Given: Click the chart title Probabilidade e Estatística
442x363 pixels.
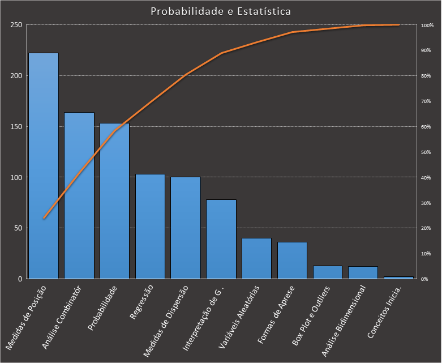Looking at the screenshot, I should tap(221, 11).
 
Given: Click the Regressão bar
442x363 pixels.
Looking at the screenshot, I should tap(150, 226).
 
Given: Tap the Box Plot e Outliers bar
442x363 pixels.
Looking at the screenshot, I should tap(328, 272).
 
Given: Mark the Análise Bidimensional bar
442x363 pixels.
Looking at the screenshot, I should tap(363, 272).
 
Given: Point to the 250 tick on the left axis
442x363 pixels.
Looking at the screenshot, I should tap(16, 25).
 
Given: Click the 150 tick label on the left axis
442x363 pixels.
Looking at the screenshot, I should tap(16, 126).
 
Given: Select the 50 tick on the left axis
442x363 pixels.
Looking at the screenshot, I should tap(18, 228).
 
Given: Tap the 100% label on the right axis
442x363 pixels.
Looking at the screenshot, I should tap(427, 25).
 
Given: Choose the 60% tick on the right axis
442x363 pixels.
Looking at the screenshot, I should tap(426, 127).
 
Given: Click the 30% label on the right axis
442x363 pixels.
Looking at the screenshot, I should tap(426, 203).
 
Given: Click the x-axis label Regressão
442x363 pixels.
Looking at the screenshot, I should tap(141, 304).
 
